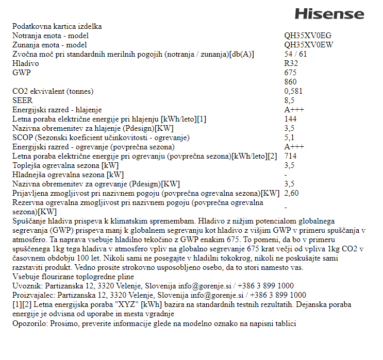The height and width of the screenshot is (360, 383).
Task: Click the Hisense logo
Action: (329, 14)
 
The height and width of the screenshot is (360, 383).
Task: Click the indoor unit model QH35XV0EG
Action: (308, 36)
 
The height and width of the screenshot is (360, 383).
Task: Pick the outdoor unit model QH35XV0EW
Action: (309, 45)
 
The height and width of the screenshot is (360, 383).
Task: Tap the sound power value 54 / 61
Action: (295, 54)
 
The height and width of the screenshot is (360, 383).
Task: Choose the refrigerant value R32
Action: (291, 63)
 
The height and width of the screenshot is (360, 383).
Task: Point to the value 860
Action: (290, 82)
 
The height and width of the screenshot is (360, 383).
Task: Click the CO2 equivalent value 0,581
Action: (294, 91)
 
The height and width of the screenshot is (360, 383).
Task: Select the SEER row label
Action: (22, 100)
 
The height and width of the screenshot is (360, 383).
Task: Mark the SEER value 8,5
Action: (289, 100)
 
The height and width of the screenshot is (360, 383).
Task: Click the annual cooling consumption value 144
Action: (290, 119)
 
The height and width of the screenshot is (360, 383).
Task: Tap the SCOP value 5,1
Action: (289, 138)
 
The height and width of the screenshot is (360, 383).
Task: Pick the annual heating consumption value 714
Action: (290, 156)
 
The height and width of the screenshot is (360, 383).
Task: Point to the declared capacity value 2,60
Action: (291, 193)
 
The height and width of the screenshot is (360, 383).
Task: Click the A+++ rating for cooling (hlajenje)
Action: (294, 110)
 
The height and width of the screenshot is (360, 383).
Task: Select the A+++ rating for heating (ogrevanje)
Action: (294, 147)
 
